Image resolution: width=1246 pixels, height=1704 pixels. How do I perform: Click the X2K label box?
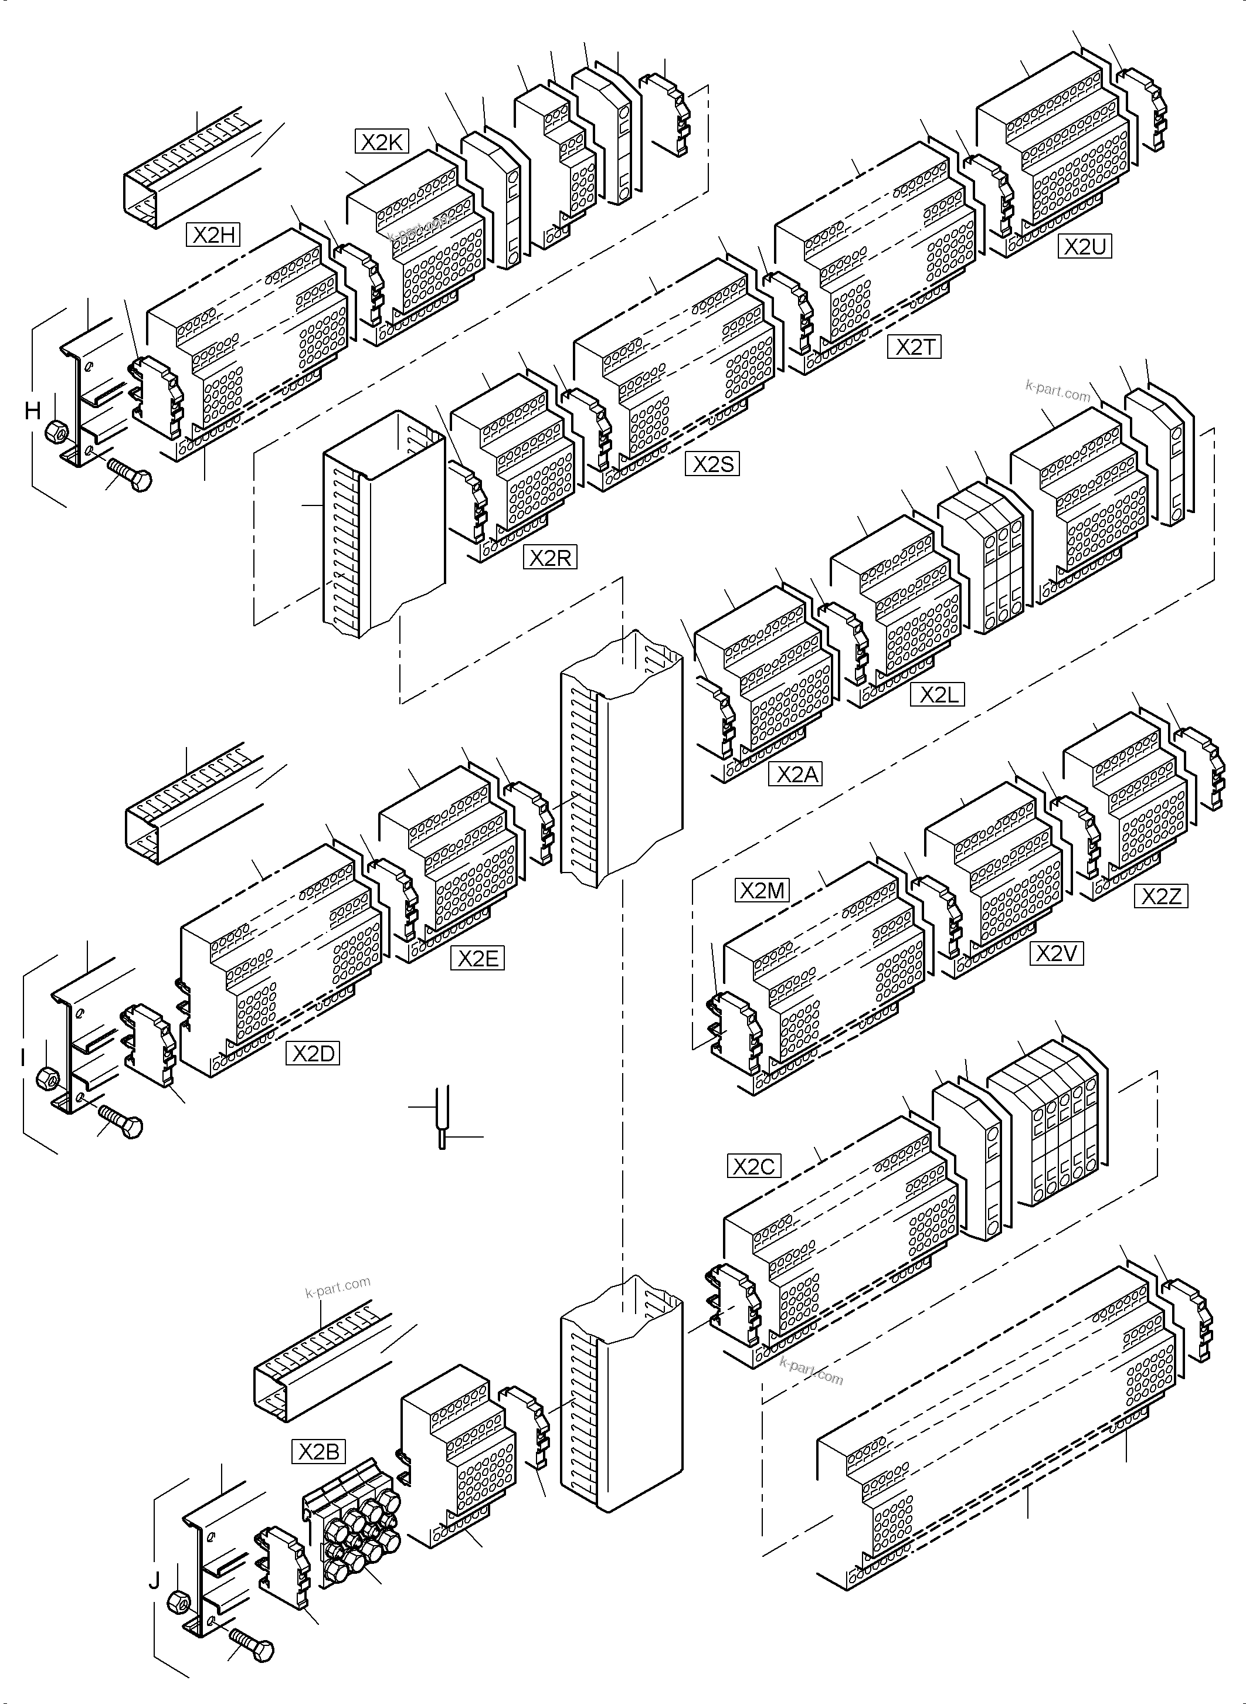(x=382, y=142)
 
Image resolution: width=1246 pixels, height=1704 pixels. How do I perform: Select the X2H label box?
(x=213, y=235)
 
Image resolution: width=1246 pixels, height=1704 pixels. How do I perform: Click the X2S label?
(x=712, y=463)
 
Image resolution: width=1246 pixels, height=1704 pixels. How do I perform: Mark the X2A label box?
(x=795, y=774)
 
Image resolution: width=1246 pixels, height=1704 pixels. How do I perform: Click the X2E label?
(x=477, y=958)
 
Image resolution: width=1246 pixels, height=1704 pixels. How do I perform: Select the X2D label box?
(x=313, y=1053)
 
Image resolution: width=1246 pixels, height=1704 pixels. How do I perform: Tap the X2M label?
(x=762, y=891)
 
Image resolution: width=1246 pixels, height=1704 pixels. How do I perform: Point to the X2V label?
(x=1056, y=953)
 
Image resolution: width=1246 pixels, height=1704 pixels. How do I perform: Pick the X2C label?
(x=753, y=1166)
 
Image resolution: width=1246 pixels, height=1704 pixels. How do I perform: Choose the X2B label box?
(x=318, y=1451)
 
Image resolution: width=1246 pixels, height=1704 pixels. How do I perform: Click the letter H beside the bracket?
(x=32, y=411)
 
